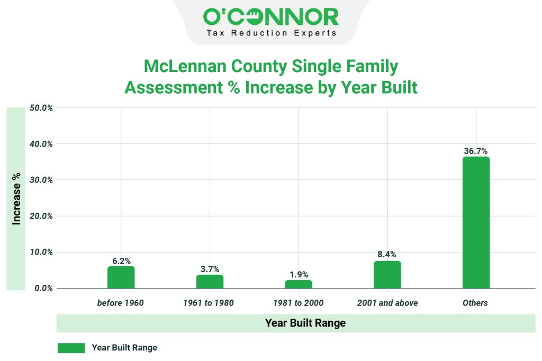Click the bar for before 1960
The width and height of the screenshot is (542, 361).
121,277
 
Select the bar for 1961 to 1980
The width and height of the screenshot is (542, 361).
210,282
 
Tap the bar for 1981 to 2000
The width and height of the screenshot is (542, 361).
299,284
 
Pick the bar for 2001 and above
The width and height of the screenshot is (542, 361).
387,275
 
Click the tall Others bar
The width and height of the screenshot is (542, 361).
476,222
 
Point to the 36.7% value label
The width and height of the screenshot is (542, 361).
476,151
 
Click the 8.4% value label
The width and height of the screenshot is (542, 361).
387,255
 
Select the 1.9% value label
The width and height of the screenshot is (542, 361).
299,274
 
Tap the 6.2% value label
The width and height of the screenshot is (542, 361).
121,260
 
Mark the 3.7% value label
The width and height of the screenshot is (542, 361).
210,269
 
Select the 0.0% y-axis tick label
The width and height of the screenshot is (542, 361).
42,288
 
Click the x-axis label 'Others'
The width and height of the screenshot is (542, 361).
475,303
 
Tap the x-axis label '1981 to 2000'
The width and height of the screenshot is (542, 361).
299,303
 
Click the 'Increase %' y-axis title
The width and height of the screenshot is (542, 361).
16,198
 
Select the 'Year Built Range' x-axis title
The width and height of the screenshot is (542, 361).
305,323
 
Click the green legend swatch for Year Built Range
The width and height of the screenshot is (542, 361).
71,348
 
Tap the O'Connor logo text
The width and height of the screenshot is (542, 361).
270,17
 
